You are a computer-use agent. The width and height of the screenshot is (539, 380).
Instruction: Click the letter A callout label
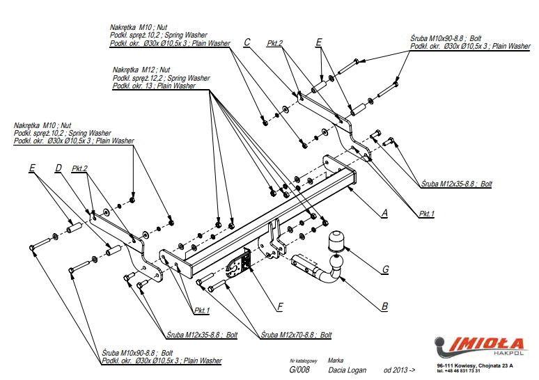point(384,213)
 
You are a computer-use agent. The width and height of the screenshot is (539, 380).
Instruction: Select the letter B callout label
point(384,305)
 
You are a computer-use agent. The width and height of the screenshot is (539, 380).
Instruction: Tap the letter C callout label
point(247,43)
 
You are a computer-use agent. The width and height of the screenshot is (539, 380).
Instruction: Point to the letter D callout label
point(58,168)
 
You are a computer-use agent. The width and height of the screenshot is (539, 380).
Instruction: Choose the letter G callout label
point(384,269)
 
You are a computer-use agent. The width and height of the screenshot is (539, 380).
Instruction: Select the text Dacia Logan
point(346,370)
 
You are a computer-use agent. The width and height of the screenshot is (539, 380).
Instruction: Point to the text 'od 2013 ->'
point(399,370)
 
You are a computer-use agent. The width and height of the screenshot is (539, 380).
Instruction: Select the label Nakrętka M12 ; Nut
point(141,70)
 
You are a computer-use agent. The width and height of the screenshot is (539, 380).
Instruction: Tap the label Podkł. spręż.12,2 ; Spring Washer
point(161,78)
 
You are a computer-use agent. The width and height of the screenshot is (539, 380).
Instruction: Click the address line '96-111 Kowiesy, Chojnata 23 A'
point(475,365)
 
